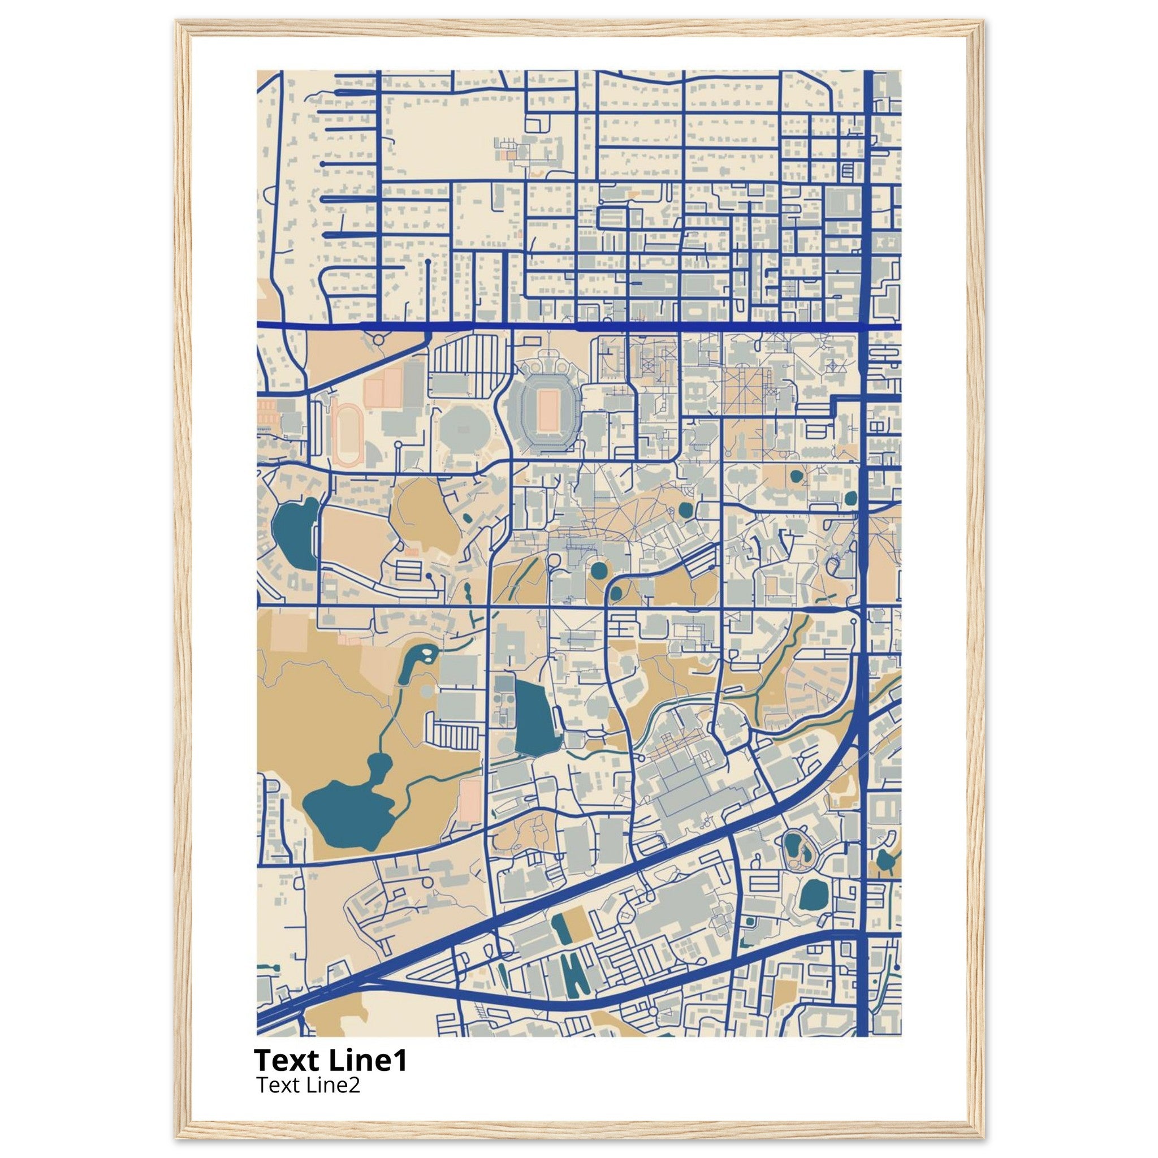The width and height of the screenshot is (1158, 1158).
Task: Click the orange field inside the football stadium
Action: pyautogui.click(x=548, y=410)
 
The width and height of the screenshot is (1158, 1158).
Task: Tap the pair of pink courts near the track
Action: pyautogui.click(x=383, y=386)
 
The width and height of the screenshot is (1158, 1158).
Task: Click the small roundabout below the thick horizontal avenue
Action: pyautogui.click(x=378, y=340)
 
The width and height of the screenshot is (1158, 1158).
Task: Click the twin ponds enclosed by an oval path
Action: pyautogui.click(x=796, y=850)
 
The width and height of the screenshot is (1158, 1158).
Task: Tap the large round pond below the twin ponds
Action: pyautogui.click(x=813, y=897)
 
